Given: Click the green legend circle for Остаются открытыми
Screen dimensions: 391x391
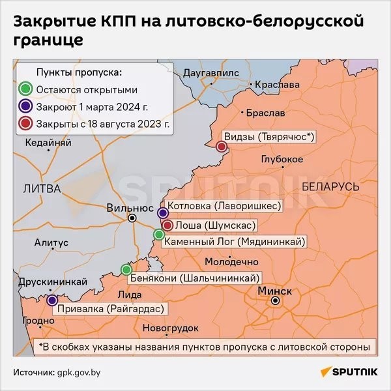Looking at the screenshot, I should pyautogui.click(x=25, y=89).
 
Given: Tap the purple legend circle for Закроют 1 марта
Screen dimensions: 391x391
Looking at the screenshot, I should pyautogui.click(x=25, y=106).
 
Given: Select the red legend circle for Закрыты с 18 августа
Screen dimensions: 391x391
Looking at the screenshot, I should pyautogui.click(x=25, y=123).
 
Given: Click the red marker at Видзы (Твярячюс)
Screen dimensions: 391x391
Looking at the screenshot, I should pyautogui.click(x=221, y=147).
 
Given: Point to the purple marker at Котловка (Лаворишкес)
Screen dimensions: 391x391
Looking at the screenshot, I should pyautogui.click(x=163, y=212).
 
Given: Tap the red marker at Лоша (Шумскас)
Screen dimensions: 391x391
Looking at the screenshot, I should pyautogui.click(x=167, y=225).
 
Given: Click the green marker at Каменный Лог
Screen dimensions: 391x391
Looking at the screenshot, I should pyautogui.click(x=158, y=235).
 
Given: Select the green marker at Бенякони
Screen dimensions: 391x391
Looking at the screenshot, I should pyautogui.click(x=126, y=269).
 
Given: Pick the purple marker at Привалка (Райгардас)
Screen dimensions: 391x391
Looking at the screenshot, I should pyautogui.click(x=51, y=300).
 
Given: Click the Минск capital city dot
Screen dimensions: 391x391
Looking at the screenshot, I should pyautogui.click(x=276, y=300).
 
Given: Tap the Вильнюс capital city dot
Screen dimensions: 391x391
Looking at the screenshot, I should pyautogui.click(x=132, y=218).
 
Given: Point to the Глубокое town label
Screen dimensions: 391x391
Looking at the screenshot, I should pyautogui.click(x=282, y=160).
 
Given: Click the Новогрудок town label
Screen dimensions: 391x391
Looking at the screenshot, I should pyautogui.click(x=169, y=327).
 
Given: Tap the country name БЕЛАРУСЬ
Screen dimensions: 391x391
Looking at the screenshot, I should pyautogui.click(x=331, y=187).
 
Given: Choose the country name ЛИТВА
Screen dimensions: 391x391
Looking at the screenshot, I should pyautogui.click(x=41, y=188).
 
